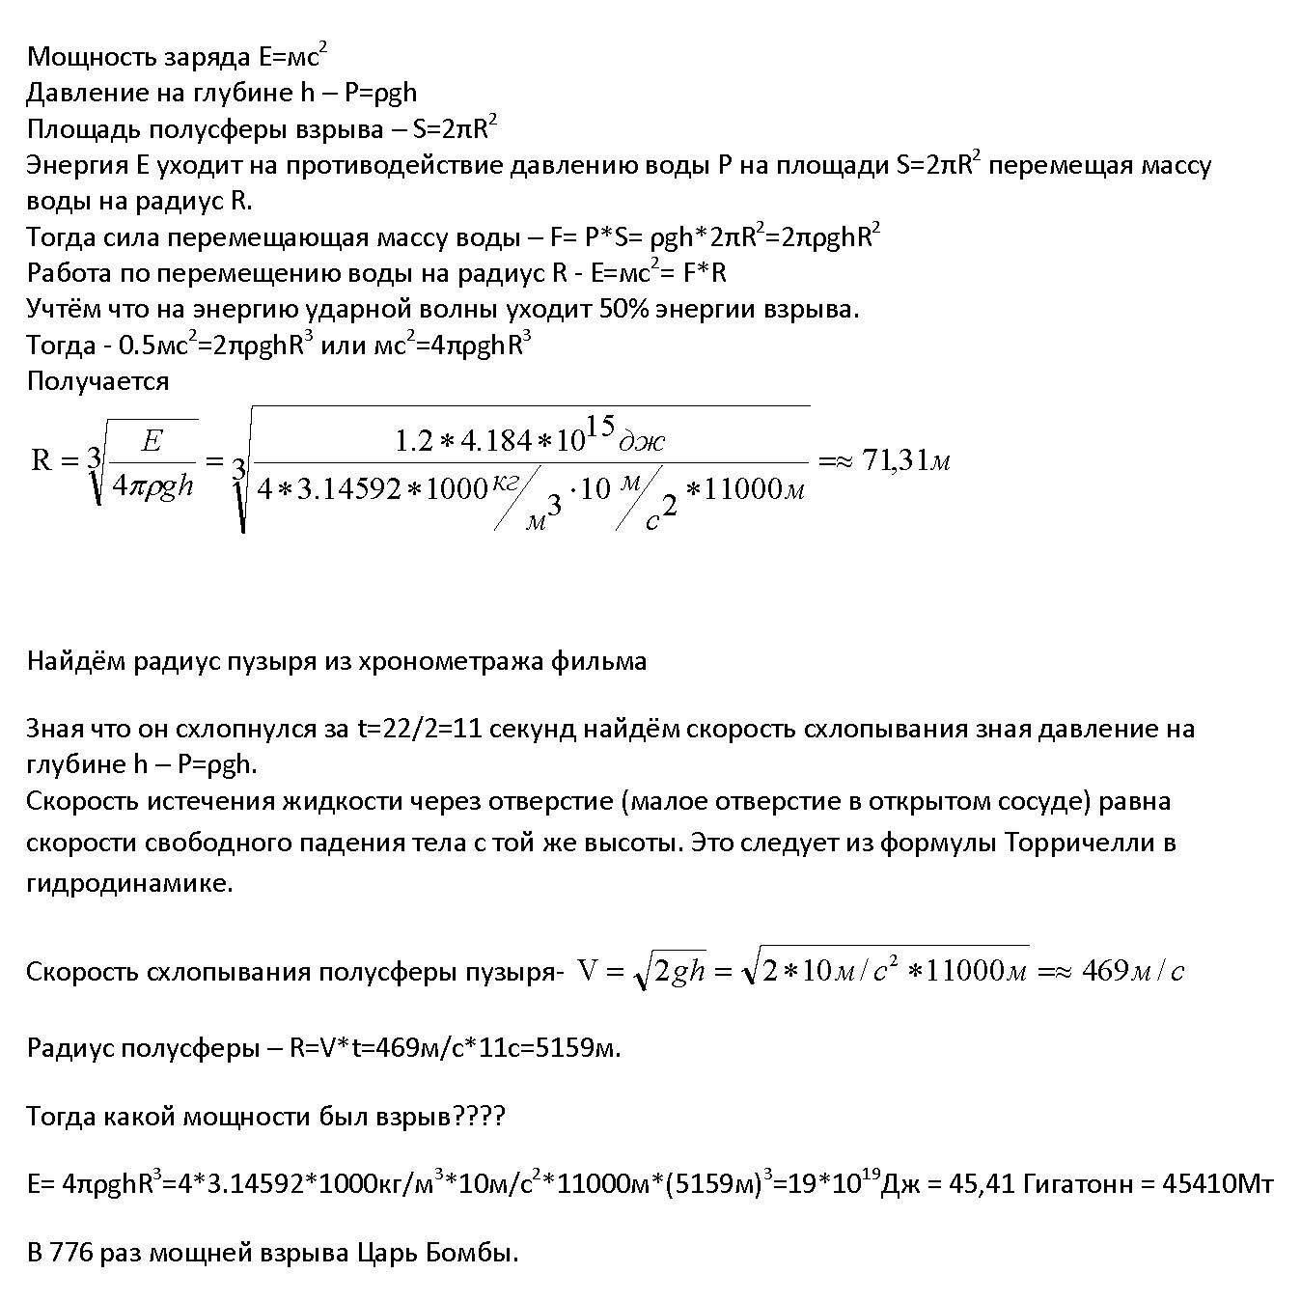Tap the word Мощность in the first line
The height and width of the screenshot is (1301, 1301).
(83, 57)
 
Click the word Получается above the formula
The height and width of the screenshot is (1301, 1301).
(97, 381)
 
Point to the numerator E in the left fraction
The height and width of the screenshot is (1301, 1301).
(152, 442)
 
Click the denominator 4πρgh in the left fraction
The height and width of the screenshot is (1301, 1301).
(153, 485)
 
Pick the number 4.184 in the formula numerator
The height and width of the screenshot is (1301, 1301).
(495, 442)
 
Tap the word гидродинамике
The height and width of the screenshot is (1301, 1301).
(129, 883)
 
